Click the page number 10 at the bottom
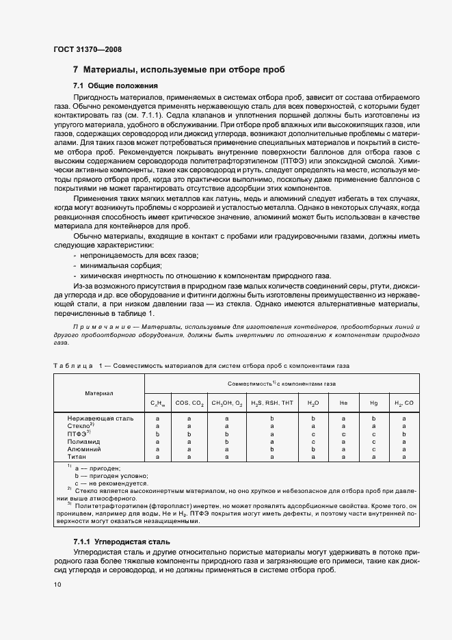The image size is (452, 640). coord(57,584)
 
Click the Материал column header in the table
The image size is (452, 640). coord(99,393)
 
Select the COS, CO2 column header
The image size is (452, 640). coord(189,403)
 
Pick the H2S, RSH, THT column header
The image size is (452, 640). coord(271,403)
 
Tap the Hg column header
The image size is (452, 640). coord(373,403)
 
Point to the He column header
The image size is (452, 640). coord(343,403)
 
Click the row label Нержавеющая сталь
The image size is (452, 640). coord(101,418)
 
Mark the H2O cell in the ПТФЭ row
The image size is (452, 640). coord(313,434)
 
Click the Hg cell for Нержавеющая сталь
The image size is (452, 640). coord(373,418)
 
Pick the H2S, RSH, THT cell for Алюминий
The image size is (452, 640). coord(271,449)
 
